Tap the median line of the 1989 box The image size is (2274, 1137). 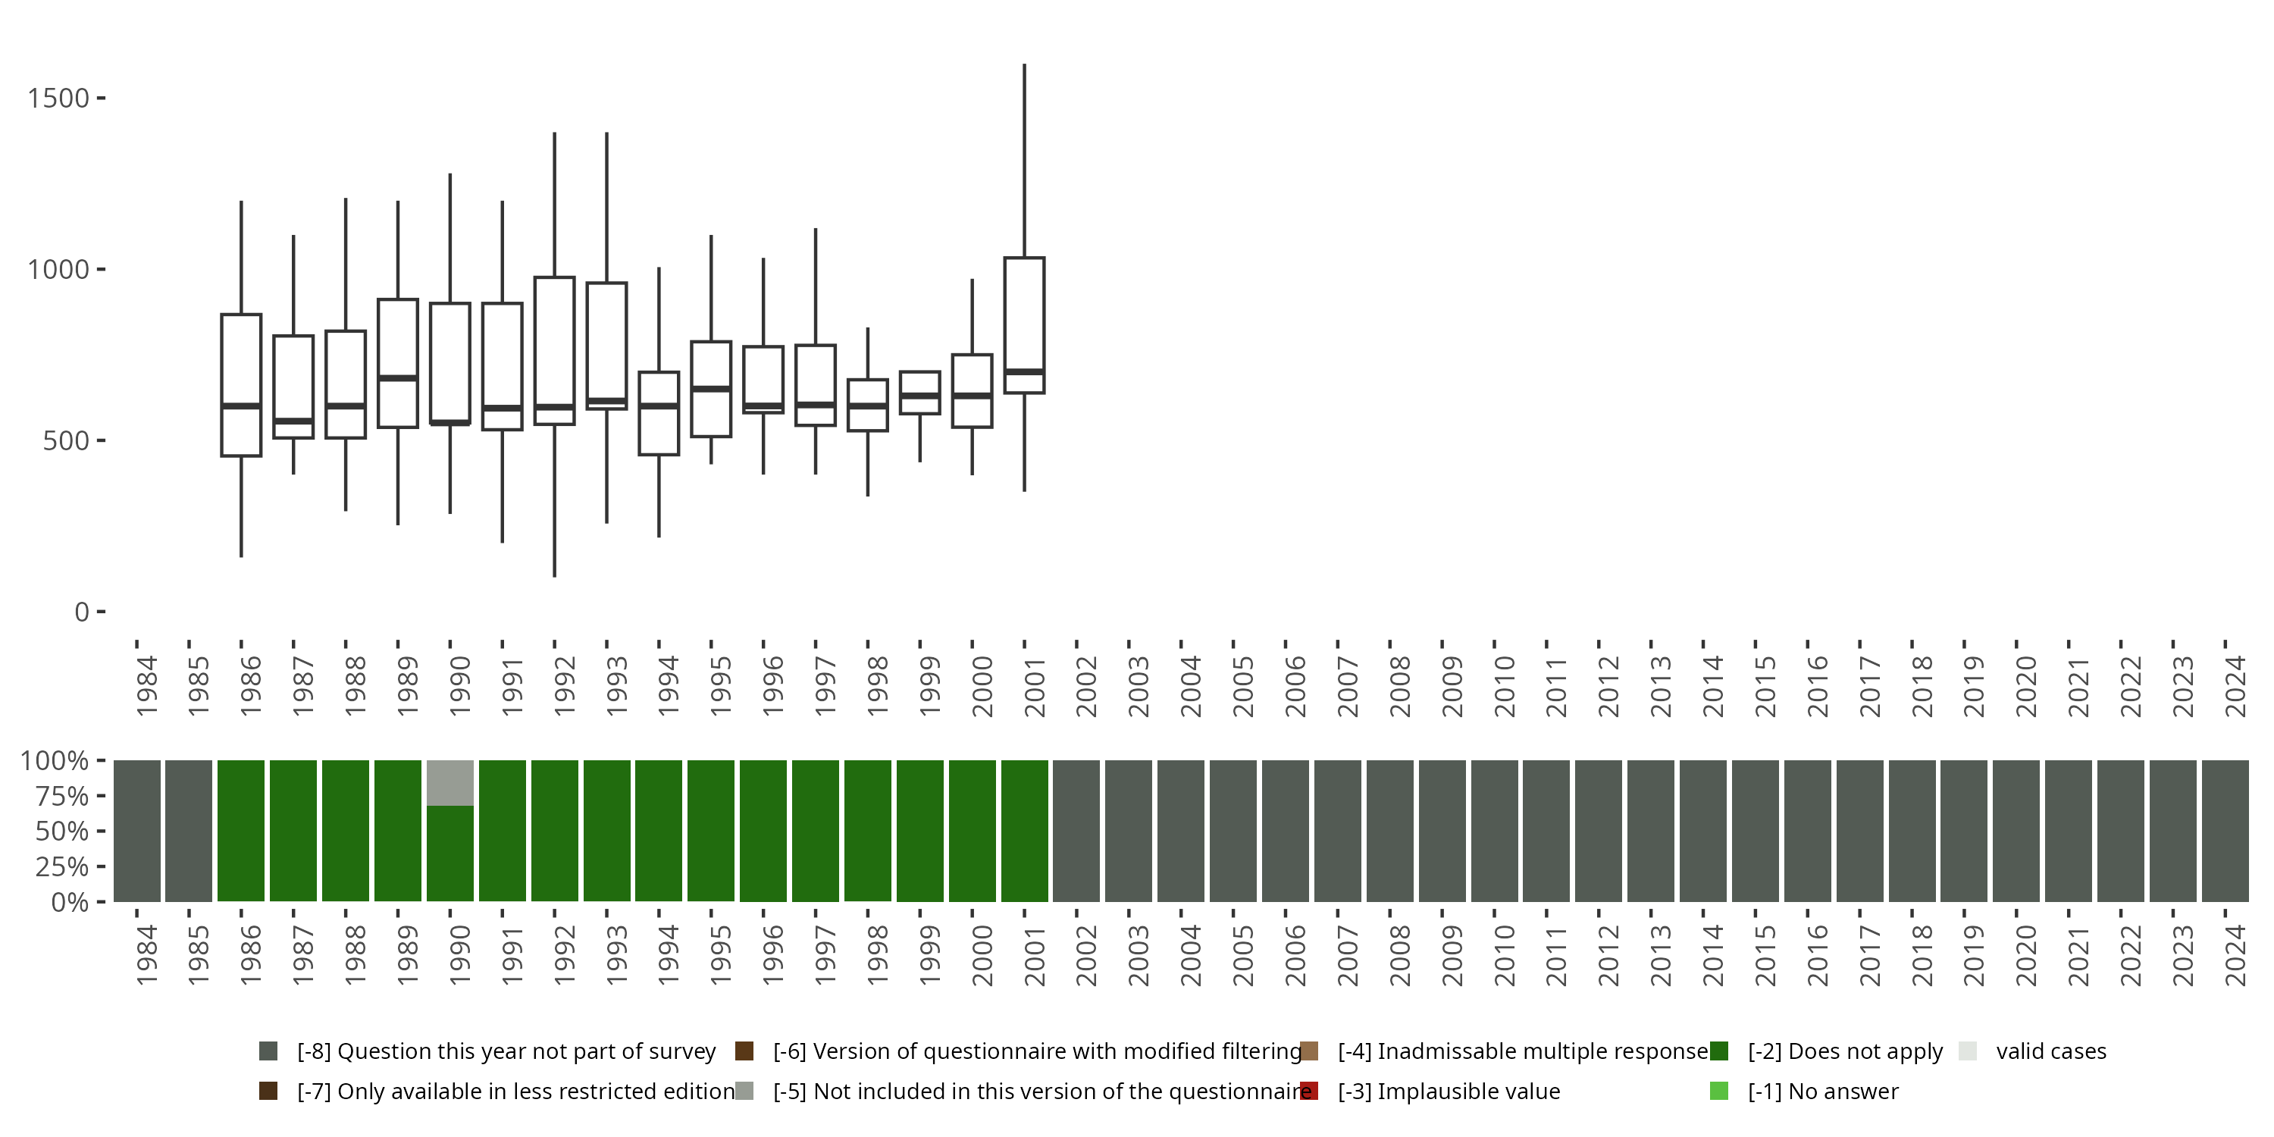(x=398, y=377)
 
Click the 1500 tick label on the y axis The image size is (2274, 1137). (x=58, y=98)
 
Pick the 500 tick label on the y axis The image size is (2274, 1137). (x=66, y=440)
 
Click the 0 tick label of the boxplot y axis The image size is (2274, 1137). (x=82, y=612)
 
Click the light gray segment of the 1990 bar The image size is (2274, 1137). (x=450, y=783)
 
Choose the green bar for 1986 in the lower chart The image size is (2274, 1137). (x=241, y=831)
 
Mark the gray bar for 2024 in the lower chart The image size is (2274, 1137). (x=2225, y=831)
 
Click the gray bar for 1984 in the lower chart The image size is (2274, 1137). (x=137, y=831)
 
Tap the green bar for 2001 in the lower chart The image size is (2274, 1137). (x=1024, y=831)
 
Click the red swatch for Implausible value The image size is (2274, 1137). (x=1309, y=1091)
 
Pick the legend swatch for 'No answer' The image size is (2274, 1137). (x=1718, y=1091)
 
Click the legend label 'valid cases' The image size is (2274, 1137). (x=2050, y=1051)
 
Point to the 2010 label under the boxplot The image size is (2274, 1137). (x=1504, y=687)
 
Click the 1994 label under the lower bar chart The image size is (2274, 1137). (x=669, y=955)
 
